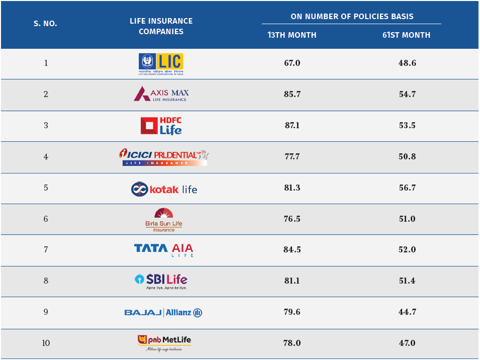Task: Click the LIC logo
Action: coord(161,64)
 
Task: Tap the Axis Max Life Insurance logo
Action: coord(161,94)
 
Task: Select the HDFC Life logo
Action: coord(161,126)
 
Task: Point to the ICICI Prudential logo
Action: coord(163,157)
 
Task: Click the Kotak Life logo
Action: coord(164,189)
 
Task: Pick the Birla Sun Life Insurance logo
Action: coord(163,220)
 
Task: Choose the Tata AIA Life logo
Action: coord(163,250)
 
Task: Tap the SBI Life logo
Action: coord(161,281)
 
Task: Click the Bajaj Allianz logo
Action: coord(163,313)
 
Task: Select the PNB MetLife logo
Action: coord(164,342)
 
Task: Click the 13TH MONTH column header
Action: coord(292,35)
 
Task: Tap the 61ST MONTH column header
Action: coord(406,35)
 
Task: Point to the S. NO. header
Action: coord(45,24)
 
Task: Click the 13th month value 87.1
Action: coord(292,125)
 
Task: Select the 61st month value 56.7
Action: coord(407,188)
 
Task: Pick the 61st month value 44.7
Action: coord(407,312)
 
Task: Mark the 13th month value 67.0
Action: coord(292,63)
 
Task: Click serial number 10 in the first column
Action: coord(46,343)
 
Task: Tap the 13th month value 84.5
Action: coord(292,250)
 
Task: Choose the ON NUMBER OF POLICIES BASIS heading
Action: coord(352,17)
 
